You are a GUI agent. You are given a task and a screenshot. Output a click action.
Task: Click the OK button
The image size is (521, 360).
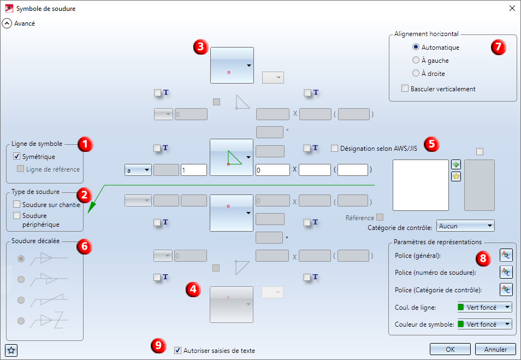tap(450, 350)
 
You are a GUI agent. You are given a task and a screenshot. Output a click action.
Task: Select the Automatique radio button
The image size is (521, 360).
tap(416, 48)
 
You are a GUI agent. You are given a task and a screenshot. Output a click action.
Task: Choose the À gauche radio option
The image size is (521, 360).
tap(416, 61)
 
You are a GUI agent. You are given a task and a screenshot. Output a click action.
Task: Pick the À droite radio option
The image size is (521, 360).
tap(416, 73)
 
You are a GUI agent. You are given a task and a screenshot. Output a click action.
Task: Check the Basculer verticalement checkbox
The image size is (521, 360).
tap(405, 88)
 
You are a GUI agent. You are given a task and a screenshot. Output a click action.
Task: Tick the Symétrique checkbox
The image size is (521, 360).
tap(17, 157)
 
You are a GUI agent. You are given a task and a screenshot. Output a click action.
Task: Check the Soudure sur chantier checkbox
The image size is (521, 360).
tap(17, 205)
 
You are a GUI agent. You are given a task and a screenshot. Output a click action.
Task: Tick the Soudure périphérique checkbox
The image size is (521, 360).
tap(17, 216)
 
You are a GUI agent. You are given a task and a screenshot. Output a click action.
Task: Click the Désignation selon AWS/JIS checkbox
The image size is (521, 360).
tap(335, 148)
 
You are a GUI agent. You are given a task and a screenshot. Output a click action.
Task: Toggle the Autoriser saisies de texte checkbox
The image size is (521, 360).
tap(178, 351)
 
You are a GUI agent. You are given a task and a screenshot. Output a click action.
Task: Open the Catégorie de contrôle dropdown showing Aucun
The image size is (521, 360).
tap(466, 226)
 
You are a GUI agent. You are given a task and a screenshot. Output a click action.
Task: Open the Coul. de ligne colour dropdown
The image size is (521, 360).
tap(484, 308)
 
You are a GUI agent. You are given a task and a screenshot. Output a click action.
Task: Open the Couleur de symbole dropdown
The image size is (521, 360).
tap(484, 324)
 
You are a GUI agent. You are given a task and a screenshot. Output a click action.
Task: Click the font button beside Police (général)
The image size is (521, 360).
tap(506, 255)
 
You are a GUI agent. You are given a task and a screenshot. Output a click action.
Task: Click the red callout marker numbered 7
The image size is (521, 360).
tap(496, 47)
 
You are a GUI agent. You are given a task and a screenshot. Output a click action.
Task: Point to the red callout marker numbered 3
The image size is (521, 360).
tap(200, 47)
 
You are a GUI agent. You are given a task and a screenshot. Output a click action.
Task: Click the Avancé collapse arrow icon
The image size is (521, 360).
tap(7, 23)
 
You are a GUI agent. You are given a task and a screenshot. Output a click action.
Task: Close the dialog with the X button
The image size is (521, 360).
tap(512, 8)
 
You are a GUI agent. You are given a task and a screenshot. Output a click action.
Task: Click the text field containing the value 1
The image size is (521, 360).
tap(193, 170)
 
